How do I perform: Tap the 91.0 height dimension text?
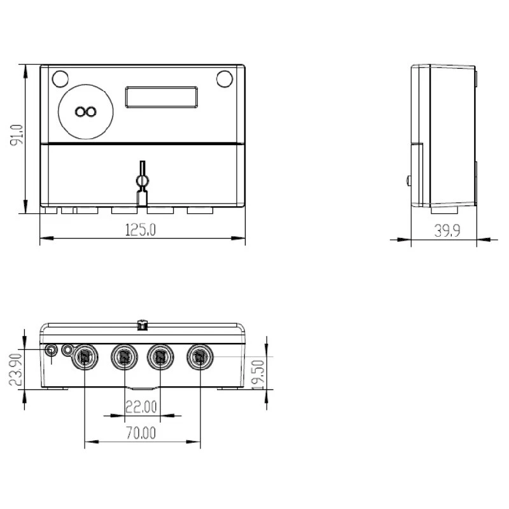(x=17, y=136)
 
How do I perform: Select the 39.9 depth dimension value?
(x=447, y=231)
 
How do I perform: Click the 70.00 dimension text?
(x=141, y=433)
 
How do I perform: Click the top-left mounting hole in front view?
(x=60, y=79)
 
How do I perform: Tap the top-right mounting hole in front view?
(x=224, y=79)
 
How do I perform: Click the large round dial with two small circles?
(x=85, y=112)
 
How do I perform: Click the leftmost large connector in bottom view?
(x=85, y=357)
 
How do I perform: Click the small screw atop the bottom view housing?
(x=143, y=326)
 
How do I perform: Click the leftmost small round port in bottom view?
(x=51, y=350)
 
